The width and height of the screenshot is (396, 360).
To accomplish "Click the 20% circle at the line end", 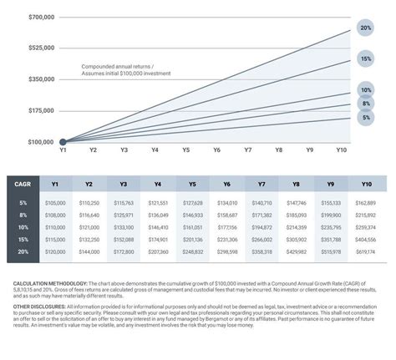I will [365, 28].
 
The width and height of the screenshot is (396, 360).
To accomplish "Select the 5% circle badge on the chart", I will [365, 118].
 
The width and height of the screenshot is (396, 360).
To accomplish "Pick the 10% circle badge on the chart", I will [365, 90].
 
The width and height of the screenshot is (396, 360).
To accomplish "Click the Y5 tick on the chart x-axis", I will [185, 150].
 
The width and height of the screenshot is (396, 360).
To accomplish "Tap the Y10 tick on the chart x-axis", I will [340, 150].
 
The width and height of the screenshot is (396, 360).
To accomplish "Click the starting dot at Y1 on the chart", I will [63, 142].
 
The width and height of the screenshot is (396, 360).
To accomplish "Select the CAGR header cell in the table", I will [23, 185].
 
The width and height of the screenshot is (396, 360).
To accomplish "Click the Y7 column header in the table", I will [261, 185].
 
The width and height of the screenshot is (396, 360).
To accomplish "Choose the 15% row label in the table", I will [23, 239].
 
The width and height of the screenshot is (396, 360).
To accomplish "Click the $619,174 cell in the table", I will [365, 251].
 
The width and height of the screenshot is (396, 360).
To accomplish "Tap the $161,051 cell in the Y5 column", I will [192, 227].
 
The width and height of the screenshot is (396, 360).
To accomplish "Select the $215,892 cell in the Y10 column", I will [365, 215].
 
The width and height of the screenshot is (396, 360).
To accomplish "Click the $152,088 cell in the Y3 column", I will [124, 239].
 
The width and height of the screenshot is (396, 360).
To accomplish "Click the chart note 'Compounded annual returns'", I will [118, 66].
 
